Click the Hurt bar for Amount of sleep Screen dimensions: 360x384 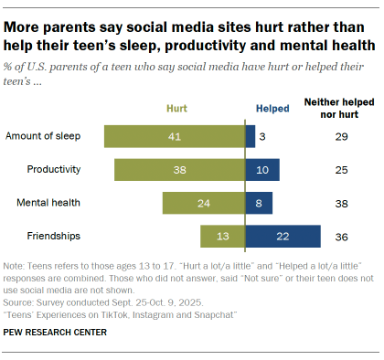coord(174,136)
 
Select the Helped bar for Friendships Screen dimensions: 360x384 coord(282,237)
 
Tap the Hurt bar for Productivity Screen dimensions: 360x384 coord(179,170)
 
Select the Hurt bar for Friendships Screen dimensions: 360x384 coord(222,237)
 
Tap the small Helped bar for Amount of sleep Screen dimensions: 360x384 coord(249,136)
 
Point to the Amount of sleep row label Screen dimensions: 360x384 coord(45,136)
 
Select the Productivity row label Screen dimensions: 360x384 coord(54,170)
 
